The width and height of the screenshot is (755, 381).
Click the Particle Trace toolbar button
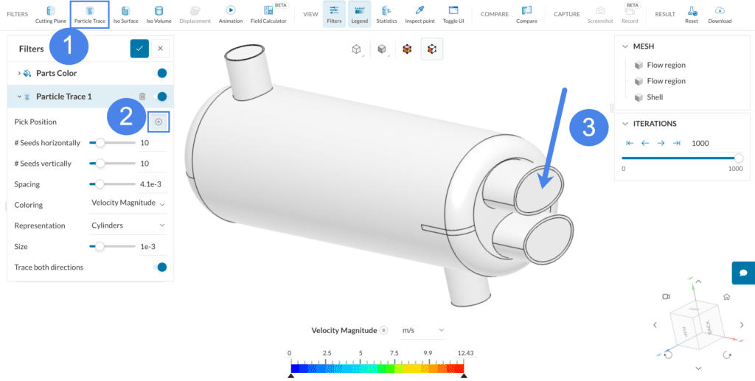(89, 14)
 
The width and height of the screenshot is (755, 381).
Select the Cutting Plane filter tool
(50, 14)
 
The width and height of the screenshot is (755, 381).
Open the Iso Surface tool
(125, 14)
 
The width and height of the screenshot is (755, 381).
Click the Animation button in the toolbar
(230, 14)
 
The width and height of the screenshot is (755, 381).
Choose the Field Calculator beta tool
(268, 14)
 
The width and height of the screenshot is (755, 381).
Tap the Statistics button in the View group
(386, 14)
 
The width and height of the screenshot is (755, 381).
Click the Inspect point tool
(420, 14)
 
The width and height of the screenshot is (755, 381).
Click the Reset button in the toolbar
(691, 14)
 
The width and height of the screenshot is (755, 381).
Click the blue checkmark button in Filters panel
(139, 49)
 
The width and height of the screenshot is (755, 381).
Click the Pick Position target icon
(159, 122)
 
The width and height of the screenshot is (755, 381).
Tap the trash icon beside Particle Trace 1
(142, 97)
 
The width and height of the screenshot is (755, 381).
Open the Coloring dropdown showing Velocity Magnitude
(128, 205)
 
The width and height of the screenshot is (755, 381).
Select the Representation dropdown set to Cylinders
(128, 226)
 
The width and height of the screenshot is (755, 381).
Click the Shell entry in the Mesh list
(654, 97)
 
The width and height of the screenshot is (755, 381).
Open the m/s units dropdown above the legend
(423, 330)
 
